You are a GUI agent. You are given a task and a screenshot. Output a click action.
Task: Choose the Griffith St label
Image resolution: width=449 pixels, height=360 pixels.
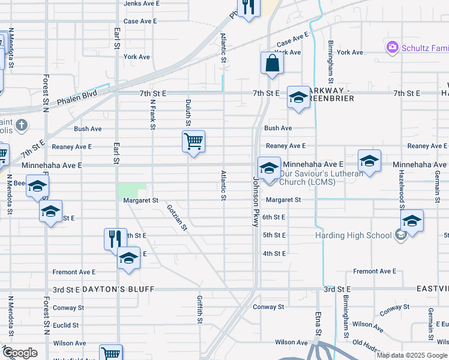199,309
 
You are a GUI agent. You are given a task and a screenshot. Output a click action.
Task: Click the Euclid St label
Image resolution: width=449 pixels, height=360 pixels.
65,326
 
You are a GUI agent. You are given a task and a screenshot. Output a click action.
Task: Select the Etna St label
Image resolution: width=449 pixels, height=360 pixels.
318,325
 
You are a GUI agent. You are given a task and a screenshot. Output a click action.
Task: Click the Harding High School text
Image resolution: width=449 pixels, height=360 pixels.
353,235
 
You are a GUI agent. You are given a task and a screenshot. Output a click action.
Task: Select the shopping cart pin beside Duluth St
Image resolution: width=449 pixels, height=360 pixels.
193,142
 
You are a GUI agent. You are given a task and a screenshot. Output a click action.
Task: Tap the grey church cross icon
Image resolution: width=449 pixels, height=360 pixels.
22,125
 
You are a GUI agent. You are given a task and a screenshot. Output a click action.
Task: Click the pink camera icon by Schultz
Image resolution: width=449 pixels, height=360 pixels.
392,46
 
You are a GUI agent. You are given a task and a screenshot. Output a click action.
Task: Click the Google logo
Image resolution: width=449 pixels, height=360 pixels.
19,353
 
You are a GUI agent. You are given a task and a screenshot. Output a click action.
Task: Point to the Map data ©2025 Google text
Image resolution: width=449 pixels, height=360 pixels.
411,355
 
